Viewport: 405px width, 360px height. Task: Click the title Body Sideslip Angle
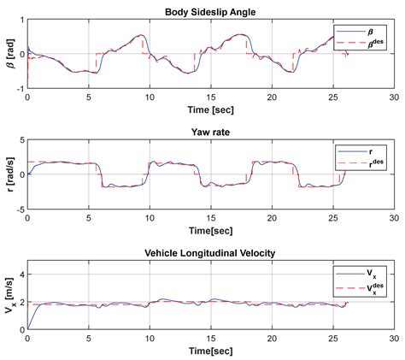pyautogui.click(x=209, y=11)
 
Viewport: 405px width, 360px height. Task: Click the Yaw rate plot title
pyautogui.click(x=209, y=133)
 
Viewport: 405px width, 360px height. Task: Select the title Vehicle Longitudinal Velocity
pyautogui.click(x=209, y=253)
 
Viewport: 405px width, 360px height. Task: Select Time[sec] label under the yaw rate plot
pyautogui.click(x=209, y=231)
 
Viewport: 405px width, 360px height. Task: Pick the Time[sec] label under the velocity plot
pyautogui.click(x=209, y=351)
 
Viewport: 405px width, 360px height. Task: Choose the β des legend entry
pyautogui.click(x=369, y=42)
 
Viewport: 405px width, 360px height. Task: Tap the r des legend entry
pyautogui.click(x=369, y=163)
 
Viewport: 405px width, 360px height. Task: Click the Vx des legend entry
pyautogui.click(x=369, y=288)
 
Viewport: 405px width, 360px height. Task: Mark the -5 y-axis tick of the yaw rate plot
pyautogui.click(x=19, y=208)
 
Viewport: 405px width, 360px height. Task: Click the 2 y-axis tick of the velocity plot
pyautogui.click(x=21, y=303)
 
